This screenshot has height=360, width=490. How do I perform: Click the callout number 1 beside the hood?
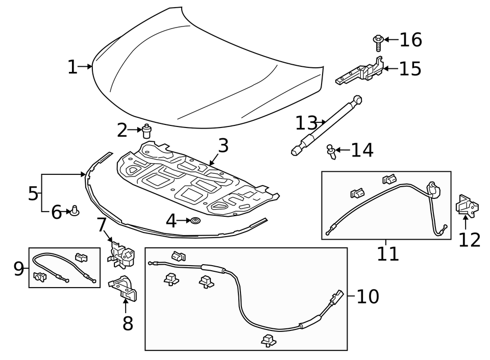tap(72, 67)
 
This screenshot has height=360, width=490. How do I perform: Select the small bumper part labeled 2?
tap(147, 131)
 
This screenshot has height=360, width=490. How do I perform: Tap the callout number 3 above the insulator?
tap(223, 146)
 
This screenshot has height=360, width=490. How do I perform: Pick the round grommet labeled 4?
tap(195, 221)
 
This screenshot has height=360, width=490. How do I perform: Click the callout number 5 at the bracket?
tap(33, 193)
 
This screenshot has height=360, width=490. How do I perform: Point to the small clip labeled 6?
tap(76, 210)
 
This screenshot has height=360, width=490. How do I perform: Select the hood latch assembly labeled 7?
tap(122, 253)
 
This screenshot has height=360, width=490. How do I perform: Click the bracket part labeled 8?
tap(124, 287)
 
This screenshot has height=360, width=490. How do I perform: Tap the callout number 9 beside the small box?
tap(19, 268)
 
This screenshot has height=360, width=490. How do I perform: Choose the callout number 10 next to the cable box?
tap(367, 296)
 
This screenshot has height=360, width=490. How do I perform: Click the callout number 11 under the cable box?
tap(387, 253)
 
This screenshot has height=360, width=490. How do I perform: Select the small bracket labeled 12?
tap(466, 207)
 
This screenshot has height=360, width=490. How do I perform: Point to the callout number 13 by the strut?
tap(306, 123)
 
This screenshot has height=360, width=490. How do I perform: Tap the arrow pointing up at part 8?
tap(125, 305)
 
